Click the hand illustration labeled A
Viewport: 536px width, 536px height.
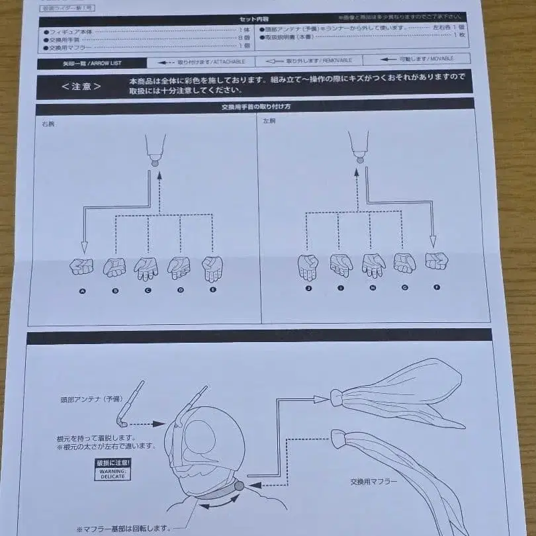(x=82, y=267)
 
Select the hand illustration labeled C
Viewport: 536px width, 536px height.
(x=146, y=267)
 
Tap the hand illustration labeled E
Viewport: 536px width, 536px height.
(x=212, y=267)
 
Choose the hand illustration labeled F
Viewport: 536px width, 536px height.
(x=436, y=261)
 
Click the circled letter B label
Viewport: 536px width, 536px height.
(x=115, y=290)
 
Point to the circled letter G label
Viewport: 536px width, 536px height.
(x=404, y=288)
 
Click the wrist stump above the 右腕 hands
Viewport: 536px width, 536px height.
(x=156, y=149)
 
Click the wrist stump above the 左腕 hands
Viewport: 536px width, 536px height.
(x=359, y=146)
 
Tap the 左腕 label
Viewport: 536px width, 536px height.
(x=269, y=122)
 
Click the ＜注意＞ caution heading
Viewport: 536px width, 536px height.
(x=81, y=87)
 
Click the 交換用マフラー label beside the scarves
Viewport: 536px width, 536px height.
(x=374, y=481)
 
